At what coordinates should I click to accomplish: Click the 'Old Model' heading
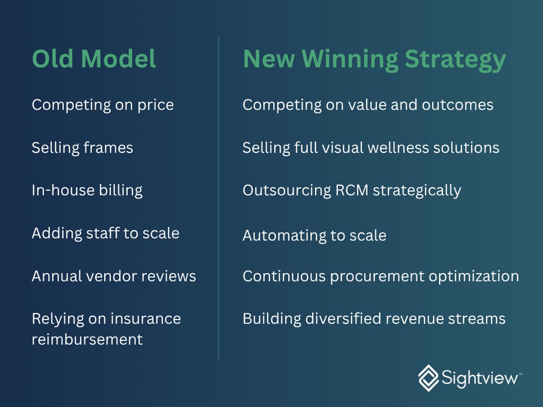coord(94,59)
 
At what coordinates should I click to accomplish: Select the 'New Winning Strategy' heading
coord(374,59)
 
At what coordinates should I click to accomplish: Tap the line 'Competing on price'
coord(103,105)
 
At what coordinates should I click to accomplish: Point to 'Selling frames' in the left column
coord(82,148)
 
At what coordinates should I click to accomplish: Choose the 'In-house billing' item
coord(87,190)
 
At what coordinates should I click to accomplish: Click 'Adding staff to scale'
coord(105,233)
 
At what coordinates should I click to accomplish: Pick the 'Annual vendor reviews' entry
coord(114,276)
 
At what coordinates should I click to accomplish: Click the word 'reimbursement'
coord(87,339)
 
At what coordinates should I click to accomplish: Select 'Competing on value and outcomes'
coord(368,105)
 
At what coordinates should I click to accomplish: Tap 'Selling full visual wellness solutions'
coord(370,148)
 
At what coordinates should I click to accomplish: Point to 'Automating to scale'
coord(314,236)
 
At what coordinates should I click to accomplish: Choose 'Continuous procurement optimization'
coord(380,276)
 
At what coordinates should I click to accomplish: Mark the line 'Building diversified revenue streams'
coord(374,319)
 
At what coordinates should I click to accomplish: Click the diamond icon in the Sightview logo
coord(428,378)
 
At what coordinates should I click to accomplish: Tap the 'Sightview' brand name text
coord(479,378)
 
